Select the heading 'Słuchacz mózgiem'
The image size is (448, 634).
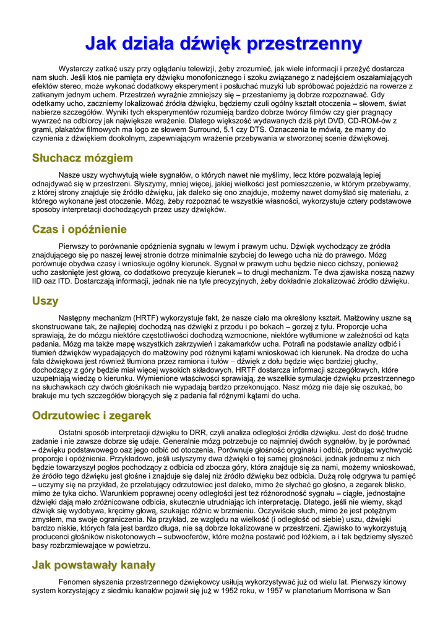(x=82, y=158)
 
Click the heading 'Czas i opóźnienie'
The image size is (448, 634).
(x=79, y=230)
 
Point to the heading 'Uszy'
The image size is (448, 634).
(x=45, y=301)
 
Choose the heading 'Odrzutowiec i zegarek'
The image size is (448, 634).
(x=92, y=415)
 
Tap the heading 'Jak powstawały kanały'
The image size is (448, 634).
(x=93, y=565)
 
